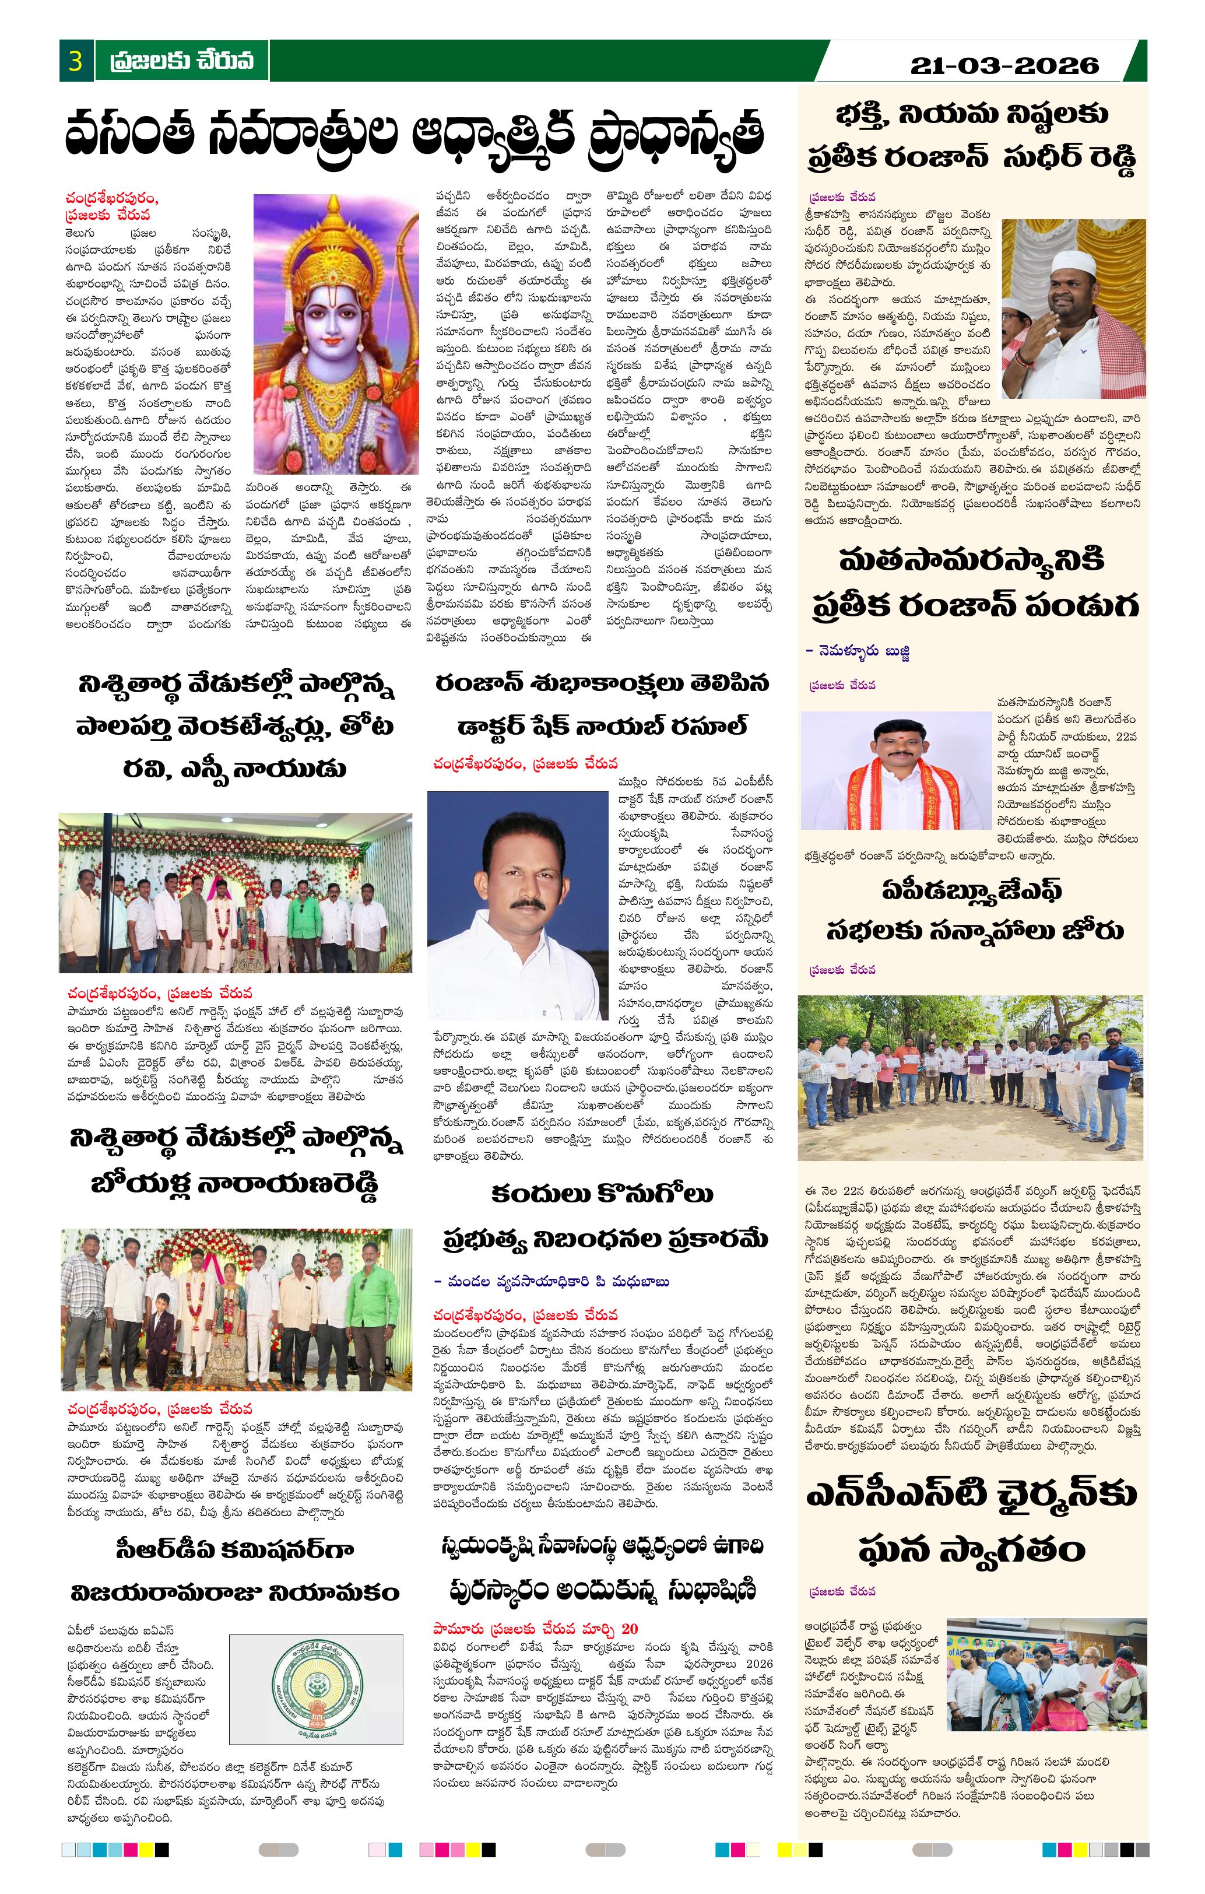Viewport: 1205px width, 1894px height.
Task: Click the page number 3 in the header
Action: pyautogui.click(x=76, y=61)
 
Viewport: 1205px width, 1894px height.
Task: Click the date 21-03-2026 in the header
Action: pyautogui.click(x=1004, y=65)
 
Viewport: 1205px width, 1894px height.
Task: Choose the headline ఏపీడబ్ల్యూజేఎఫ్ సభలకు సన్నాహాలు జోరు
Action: pyautogui.click(x=974, y=910)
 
